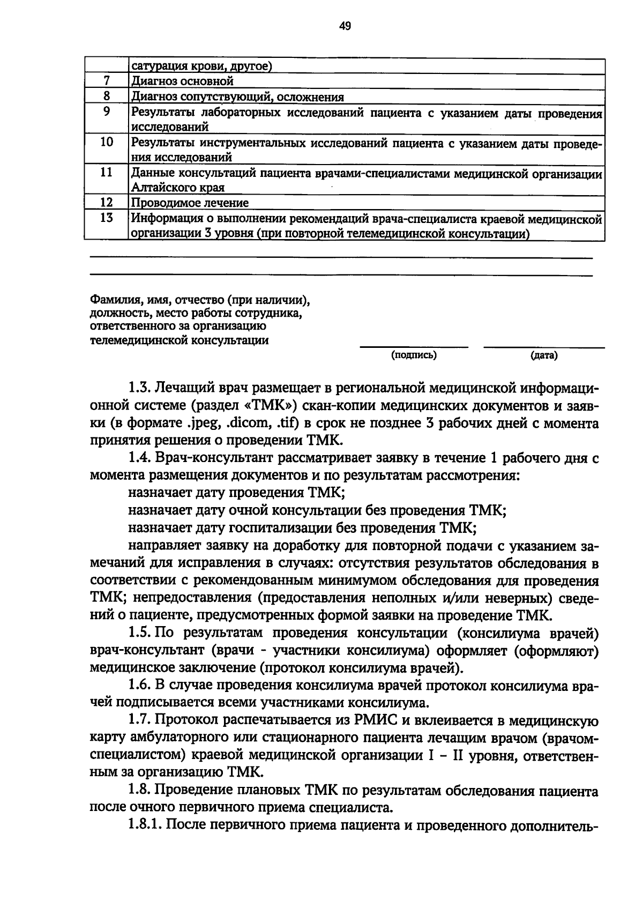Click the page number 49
point(345,25)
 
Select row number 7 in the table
point(106,81)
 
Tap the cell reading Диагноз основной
point(183,81)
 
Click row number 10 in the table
point(106,142)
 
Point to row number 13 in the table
point(106,218)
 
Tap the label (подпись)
point(414,355)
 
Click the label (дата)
point(543,355)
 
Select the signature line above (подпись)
point(414,347)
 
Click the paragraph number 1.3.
point(141,388)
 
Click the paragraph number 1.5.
point(141,633)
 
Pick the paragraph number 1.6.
point(141,686)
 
